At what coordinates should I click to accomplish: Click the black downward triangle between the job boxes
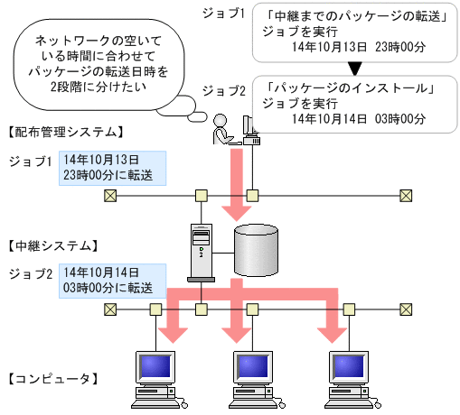point(355,67)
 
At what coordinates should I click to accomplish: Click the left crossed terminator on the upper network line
point(109,195)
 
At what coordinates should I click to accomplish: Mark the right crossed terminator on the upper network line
point(406,195)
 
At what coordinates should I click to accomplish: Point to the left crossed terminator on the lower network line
point(109,309)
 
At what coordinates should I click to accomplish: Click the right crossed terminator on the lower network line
point(406,309)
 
